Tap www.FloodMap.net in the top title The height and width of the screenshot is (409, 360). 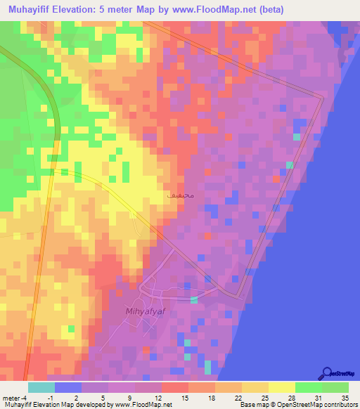coord(211,11)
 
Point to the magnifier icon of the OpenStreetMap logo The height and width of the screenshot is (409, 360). coord(327,373)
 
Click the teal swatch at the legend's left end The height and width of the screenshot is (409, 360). coord(41,387)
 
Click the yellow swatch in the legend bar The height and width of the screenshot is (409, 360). coord(282,387)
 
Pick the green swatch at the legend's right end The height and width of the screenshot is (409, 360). coord(335,387)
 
